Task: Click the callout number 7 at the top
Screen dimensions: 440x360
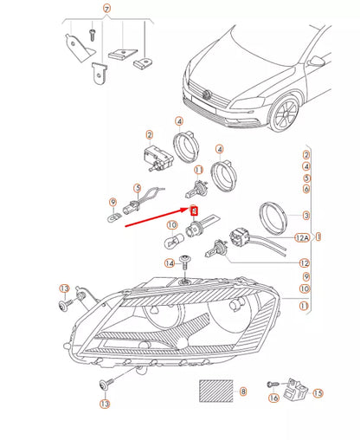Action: coord(107,10)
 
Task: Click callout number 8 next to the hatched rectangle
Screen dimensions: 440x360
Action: coord(243,391)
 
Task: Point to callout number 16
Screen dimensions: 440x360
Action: coord(273,398)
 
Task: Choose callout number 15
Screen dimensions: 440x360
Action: coord(318,392)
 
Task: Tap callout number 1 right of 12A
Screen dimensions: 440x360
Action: coord(318,236)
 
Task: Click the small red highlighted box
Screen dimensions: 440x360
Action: coord(194,210)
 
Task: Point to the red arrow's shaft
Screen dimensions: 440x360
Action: coord(156,217)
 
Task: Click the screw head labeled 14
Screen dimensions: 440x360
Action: coord(186,261)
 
